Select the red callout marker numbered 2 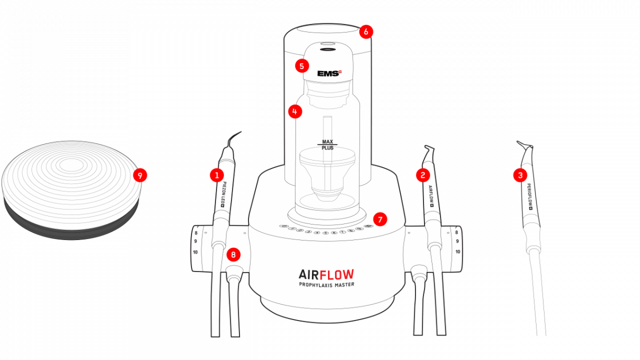click(x=422, y=174)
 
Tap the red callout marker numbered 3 click(x=520, y=174)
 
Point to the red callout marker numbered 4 click(x=294, y=111)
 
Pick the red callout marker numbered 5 click(x=302, y=66)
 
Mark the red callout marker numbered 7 click(x=380, y=219)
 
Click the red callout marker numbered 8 click(x=233, y=254)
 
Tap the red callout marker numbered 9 click(x=140, y=174)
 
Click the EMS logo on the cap click(x=329, y=74)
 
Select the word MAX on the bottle click(x=327, y=141)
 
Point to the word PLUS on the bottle click(x=327, y=148)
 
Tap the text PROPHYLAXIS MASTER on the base click(x=326, y=285)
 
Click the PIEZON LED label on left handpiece click(x=225, y=195)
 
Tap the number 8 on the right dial click(x=457, y=233)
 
